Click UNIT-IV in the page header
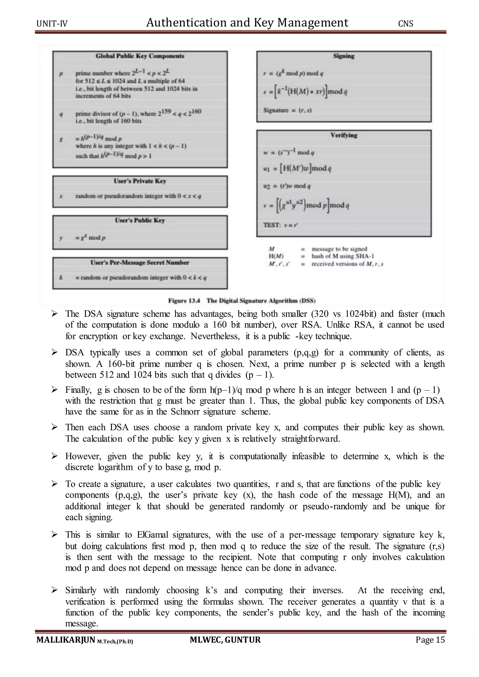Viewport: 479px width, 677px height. (x=52, y=24)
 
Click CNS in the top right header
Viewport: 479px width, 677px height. (x=406, y=24)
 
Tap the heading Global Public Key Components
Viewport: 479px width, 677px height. (x=140, y=56)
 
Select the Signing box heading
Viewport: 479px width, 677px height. (x=344, y=56)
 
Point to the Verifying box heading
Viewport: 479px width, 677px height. (x=344, y=135)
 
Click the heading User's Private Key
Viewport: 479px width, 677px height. (x=140, y=181)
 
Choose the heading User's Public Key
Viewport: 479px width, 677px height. (x=140, y=220)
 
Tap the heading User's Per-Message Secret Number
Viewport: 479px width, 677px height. (x=140, y=263)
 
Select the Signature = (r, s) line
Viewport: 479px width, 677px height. (x=288, y=110)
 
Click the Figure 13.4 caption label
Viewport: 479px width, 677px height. (x=184, y=301)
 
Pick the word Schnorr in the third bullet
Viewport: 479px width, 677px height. (x=185, y=412)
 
